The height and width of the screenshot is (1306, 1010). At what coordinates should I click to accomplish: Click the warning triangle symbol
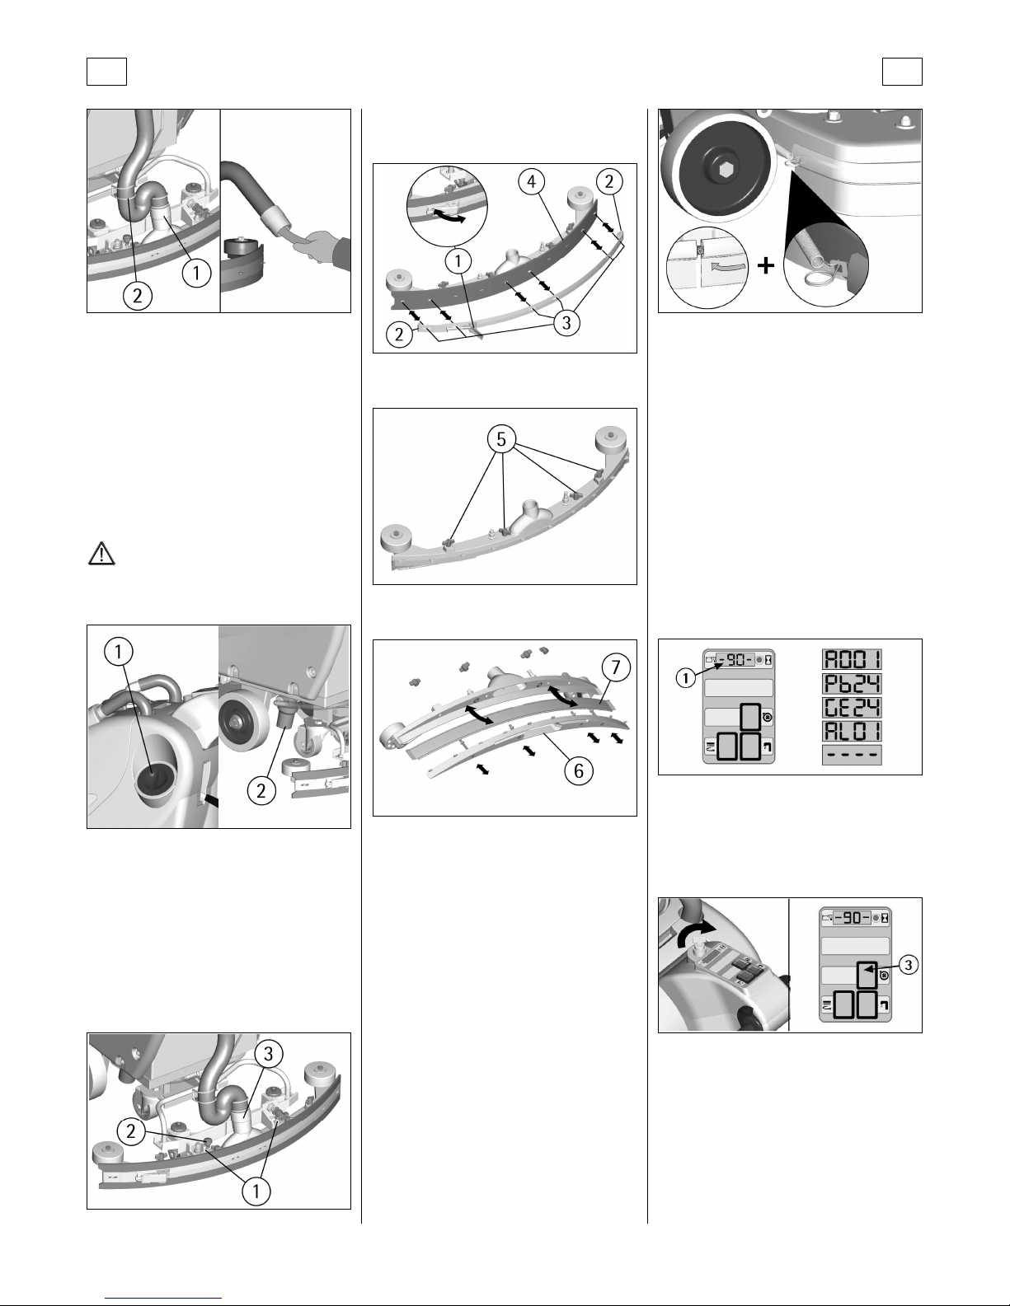click(101, 554)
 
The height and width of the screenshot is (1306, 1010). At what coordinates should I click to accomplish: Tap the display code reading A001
click(852, 660)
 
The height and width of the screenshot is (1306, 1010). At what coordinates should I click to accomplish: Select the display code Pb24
click(852, 684)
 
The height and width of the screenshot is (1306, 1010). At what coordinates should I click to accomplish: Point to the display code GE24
click(852, 708)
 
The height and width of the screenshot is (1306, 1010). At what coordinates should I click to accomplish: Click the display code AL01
click(852, 732)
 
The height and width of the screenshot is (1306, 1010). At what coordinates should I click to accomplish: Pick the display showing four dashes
click(852, 755)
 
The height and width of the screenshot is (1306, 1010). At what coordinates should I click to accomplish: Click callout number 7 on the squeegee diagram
click(616, 667)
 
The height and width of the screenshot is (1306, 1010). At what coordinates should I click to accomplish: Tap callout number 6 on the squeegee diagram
click(579, 771)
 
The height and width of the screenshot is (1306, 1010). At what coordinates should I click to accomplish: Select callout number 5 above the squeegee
click(501, 439)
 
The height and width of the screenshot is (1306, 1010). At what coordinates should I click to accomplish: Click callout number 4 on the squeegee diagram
click(532, 181)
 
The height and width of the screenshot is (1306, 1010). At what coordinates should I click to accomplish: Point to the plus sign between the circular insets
click(765, 265)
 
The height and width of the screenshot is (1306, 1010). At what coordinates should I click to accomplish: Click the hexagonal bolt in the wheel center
click(721, 171)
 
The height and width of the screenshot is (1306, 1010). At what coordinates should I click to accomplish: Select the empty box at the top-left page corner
click(106, 72)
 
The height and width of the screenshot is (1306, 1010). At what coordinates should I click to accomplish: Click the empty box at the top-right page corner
click(902, 72)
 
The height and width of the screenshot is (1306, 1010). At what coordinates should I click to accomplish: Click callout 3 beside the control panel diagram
click(908, 965)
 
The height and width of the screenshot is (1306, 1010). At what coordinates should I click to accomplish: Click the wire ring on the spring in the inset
click(817, 277)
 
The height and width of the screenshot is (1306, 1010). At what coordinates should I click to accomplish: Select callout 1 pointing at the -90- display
click(685, 678)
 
